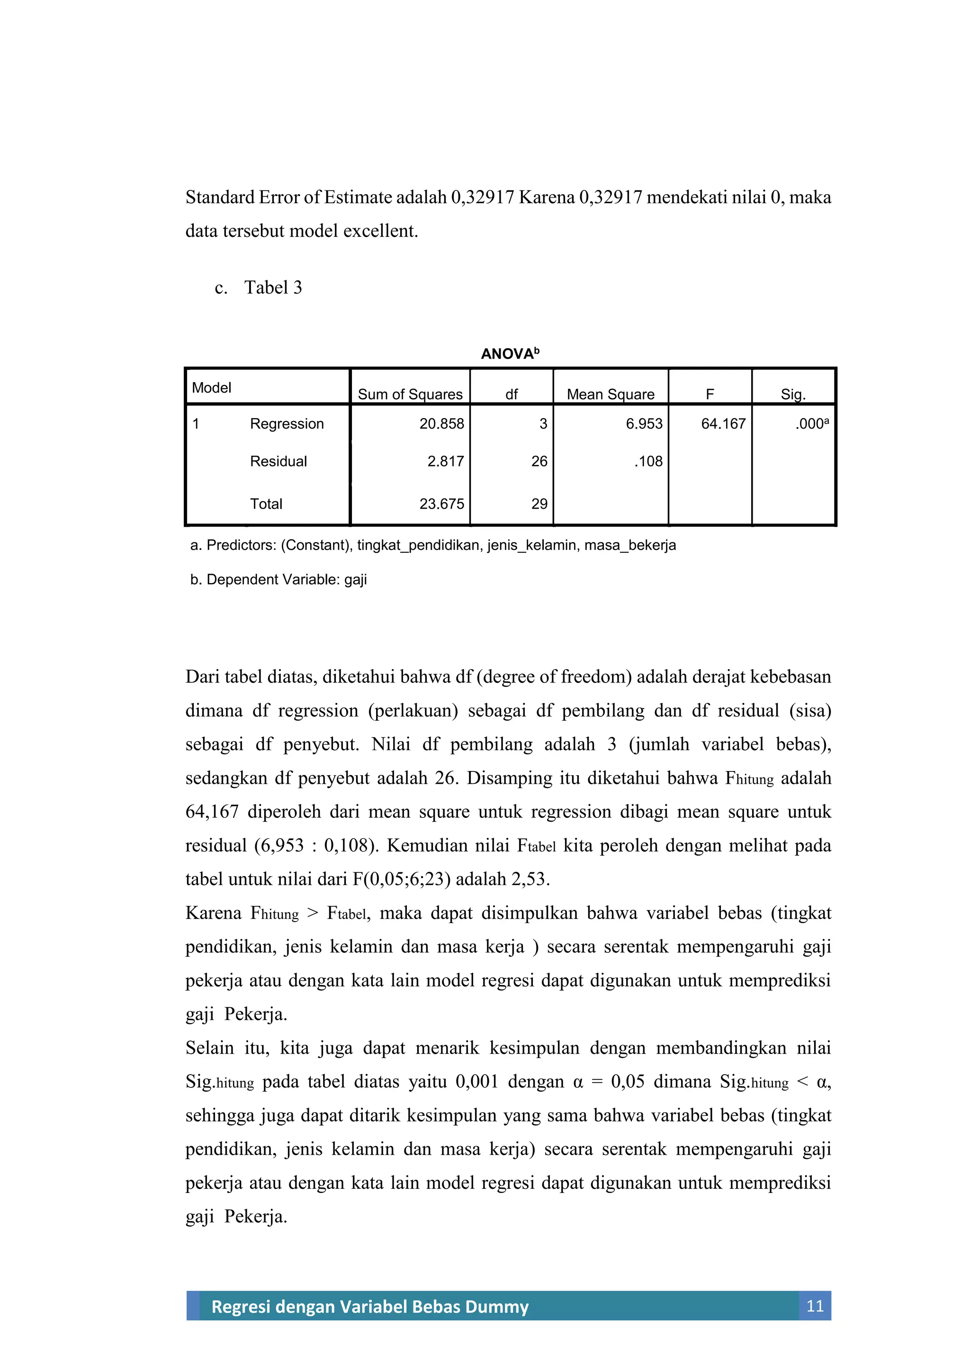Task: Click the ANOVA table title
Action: pos(509,354)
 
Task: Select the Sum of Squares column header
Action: pos(410,395)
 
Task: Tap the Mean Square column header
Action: pos(610,395)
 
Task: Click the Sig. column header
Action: pos(793,395)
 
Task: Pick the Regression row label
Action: pos(287,424)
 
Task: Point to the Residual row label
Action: pos(278,461)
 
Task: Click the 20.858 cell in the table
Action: pos(442,424)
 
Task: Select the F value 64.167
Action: pos(723,424)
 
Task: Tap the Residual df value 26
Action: pos(539,461)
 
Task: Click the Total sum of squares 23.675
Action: pos(442,504)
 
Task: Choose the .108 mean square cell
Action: pos(648,461)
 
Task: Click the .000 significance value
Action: pos(812,424)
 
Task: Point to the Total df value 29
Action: pos(539,504)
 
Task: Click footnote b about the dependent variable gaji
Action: pos(278,580)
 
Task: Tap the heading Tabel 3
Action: pos(273,287)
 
